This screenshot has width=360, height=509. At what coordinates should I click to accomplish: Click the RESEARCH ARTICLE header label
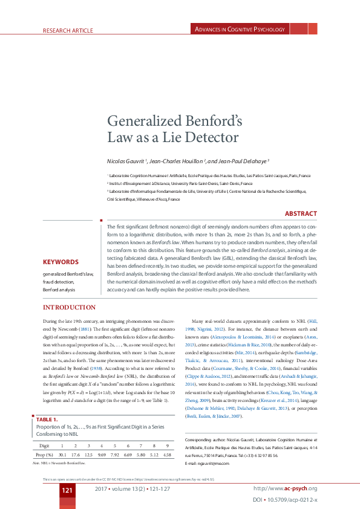68,30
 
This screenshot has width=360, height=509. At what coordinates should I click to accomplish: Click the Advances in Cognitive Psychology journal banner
239,29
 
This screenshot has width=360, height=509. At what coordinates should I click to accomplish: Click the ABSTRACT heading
301,213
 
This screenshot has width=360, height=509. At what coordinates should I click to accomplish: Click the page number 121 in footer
67,489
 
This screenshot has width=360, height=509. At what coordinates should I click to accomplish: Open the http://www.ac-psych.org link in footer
286,488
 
